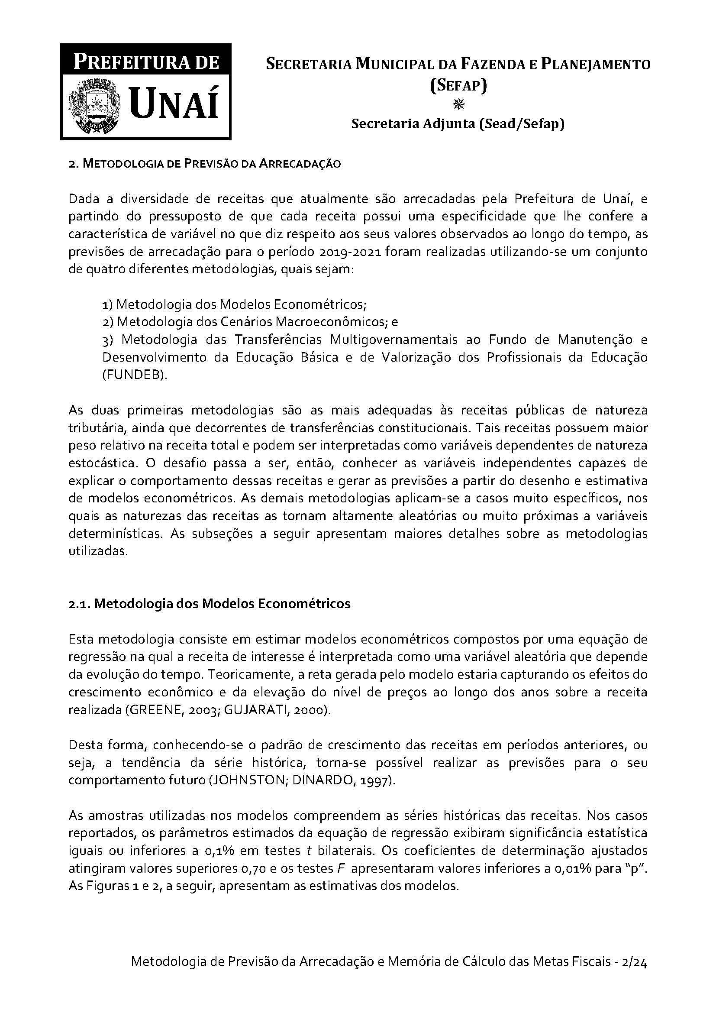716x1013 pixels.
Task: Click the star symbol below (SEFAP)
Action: point(458,104)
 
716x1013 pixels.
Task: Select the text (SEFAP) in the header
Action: point(458,84)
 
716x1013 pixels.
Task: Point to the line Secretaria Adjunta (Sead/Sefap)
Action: point(458,124)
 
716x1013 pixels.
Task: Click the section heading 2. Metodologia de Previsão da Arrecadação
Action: point(205,164)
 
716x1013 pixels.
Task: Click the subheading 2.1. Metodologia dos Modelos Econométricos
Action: point(210,604)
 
